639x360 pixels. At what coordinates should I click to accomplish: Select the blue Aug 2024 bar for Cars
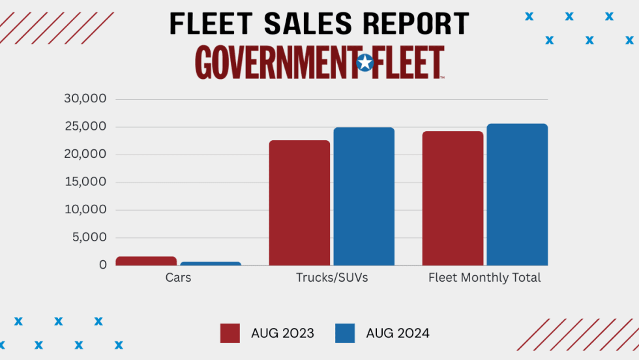click(211, 263)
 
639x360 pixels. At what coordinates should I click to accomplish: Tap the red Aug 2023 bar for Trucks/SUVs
click(299, 203)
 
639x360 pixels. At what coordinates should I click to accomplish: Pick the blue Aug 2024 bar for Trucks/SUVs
click(364, 196)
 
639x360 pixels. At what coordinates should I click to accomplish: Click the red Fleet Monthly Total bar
click(453, 198)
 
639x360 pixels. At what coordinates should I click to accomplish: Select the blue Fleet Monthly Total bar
click(517, 194)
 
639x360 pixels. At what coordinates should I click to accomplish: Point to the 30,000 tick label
click(85, 99)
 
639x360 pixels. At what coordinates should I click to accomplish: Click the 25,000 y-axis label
click(85, 127)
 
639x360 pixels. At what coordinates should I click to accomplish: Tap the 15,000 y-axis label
click(85, 182)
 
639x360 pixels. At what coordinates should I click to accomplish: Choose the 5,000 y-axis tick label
click(88, 237)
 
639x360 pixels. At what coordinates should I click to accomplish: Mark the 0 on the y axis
click(103, 265)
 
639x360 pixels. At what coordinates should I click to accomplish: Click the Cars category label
click(178, 278)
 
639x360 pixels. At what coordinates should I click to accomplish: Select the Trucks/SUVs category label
click(332, 278)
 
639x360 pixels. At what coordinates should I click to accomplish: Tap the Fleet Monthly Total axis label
click(484, 278)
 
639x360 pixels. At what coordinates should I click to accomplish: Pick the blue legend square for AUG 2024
click(345, 333)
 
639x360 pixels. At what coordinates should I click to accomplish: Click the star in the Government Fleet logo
click(365, 63)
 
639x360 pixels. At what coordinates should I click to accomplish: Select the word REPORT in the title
click(416, 24)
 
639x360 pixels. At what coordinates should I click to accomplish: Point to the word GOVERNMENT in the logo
click(275, 63)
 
